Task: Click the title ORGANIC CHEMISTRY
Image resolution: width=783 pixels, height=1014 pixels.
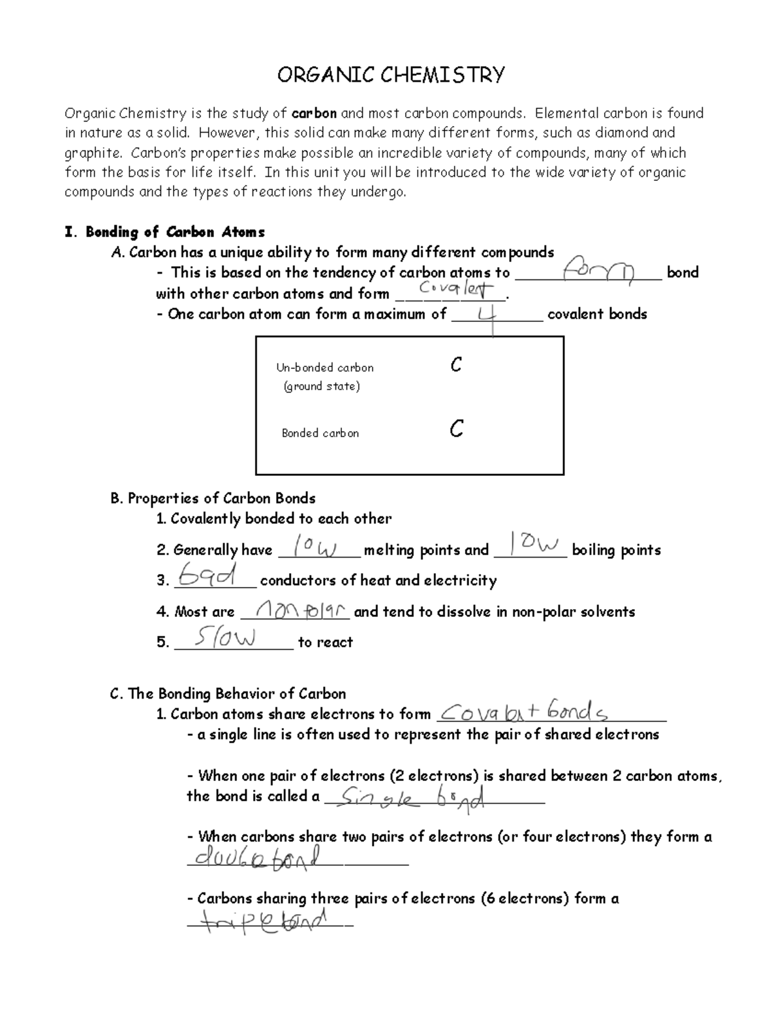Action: coord(391,75)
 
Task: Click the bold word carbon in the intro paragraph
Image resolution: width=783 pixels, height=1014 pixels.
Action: coord(314,114)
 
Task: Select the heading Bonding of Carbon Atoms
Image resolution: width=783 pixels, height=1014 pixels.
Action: coord(175,232)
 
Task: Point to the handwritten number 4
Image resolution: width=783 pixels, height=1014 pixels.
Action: coord(488,317)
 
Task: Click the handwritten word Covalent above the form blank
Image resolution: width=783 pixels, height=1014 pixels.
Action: coord(456,289)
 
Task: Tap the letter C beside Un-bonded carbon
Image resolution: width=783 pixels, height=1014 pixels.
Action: coord(456,365)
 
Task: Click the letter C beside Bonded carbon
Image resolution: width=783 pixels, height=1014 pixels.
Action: coord(456,429)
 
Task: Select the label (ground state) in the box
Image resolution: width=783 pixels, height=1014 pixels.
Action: coord(322,387)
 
